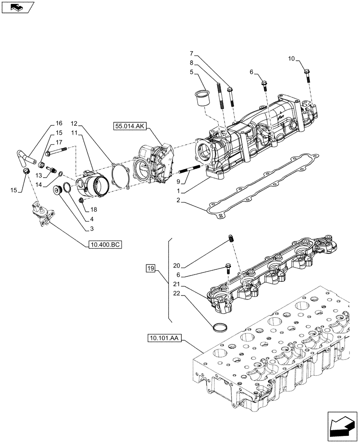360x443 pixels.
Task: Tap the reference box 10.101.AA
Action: [x=164, y=338]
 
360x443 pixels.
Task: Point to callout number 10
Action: [x=291, y=58]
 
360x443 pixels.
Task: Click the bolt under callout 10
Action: [x=307, y=75]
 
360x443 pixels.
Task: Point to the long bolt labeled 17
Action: [x=55, y=151]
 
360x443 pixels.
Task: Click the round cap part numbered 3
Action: [x=57, y=190]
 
